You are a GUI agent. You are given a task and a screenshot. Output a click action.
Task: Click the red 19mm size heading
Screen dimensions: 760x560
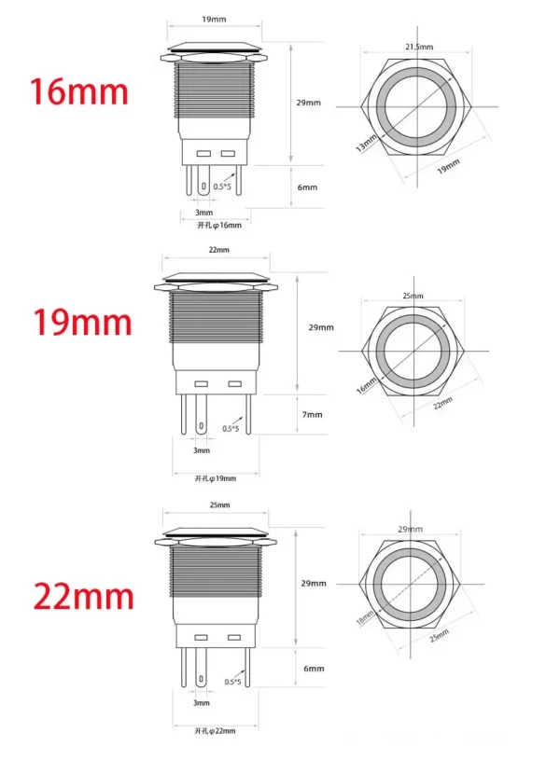tap(82, 323)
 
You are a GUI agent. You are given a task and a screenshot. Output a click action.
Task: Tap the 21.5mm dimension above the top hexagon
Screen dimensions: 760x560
tap(417, 46)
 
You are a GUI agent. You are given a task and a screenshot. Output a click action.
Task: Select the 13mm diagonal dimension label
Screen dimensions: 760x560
tap(366, 143)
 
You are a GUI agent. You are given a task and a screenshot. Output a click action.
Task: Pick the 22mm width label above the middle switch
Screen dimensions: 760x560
tap(217, 250)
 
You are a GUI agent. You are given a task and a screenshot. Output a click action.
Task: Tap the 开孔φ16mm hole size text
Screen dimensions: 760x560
tap(217, 225)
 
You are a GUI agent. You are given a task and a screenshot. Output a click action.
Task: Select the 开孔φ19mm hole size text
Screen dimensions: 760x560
tap(216, 478)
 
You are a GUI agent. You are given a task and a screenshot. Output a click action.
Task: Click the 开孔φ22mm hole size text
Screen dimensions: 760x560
tap(216, 730)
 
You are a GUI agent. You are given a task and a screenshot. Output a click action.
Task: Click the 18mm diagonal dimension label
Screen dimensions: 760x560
tap(365, 619)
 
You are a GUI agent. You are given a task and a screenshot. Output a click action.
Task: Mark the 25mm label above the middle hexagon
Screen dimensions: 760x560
tap(412, 295)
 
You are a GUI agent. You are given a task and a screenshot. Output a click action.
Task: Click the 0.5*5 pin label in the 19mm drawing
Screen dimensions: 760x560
tap(231, 429)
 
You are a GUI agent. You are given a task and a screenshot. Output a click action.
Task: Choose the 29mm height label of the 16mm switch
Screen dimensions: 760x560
tap(309, 102)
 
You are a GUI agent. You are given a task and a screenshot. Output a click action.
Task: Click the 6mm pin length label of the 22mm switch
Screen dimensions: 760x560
tap(314, 669)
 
